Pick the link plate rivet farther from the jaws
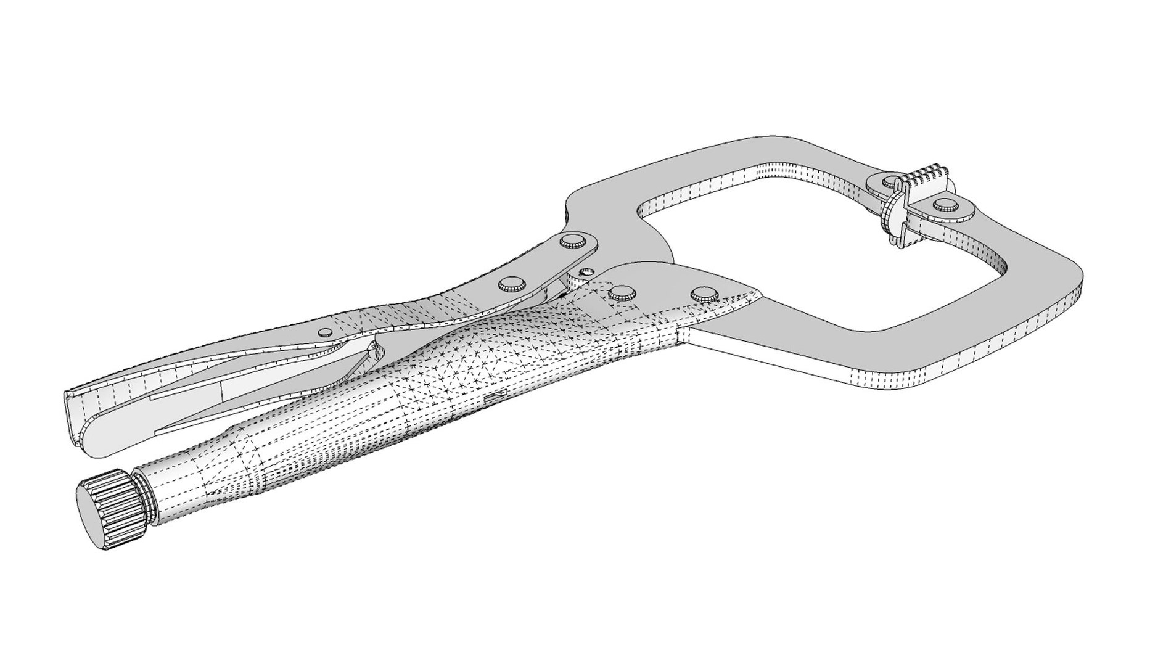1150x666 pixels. pyautogui.click(x=513, y=284)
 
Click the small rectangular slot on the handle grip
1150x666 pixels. pyautogui.click(x=496, y=396)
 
